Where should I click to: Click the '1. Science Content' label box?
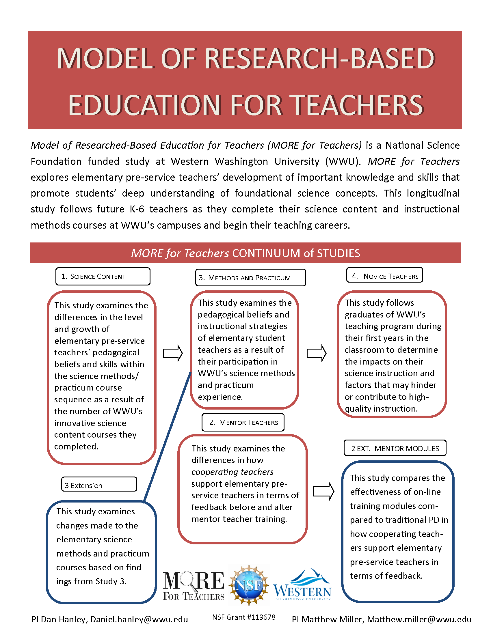pos(103,276)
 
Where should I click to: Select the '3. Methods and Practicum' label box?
pos(250,278)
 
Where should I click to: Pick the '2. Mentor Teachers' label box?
pos(243,422)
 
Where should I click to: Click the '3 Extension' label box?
pos(99,485)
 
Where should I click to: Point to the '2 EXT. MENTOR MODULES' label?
pos(395,449)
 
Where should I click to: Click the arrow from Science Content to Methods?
pos(172,353)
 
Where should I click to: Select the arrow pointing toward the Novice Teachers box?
pos(317,353)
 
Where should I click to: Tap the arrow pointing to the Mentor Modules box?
pos(323,491)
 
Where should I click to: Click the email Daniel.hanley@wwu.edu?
pos(139,619)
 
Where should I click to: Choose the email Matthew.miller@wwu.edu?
pos(419,619)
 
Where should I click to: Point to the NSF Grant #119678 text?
pos(243,617)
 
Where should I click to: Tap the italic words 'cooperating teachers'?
pos(232,472)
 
